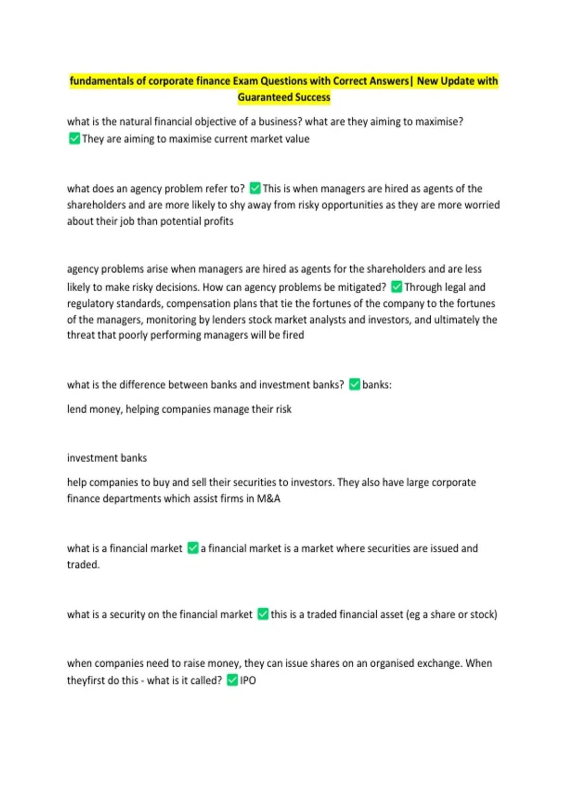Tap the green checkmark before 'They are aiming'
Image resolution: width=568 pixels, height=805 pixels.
[x=74, y=139]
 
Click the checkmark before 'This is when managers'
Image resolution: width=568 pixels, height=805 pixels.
[x=255, y=188]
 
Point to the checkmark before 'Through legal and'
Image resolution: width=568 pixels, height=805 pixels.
[x=397, y=287]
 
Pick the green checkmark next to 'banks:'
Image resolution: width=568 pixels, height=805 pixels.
[x=355, y=385]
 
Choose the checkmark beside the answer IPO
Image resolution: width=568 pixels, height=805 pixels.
[x=232, y=680]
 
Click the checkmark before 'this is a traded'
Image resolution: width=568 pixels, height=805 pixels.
[x=263, y=614]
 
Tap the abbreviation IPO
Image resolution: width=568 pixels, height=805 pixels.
[x=248, y=680]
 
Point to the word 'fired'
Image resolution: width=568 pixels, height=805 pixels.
[x=293, y=335]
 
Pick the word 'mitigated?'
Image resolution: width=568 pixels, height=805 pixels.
[x=362, y=287]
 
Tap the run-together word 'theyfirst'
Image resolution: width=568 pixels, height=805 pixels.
[x=86, y=680]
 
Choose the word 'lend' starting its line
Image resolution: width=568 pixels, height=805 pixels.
[x=77, y=409]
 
